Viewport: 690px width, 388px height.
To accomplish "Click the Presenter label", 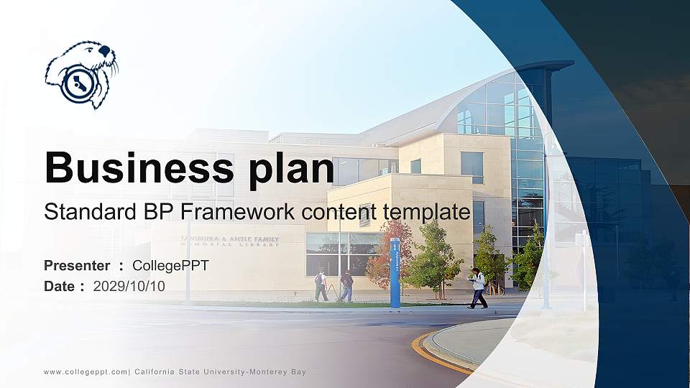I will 77,266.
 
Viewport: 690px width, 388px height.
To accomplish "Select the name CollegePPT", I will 170,266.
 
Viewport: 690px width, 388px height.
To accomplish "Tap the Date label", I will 59,286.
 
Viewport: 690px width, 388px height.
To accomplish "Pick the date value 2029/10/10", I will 129,286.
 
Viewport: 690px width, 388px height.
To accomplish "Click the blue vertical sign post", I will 395,273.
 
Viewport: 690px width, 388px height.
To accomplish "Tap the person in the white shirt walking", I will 478,287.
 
